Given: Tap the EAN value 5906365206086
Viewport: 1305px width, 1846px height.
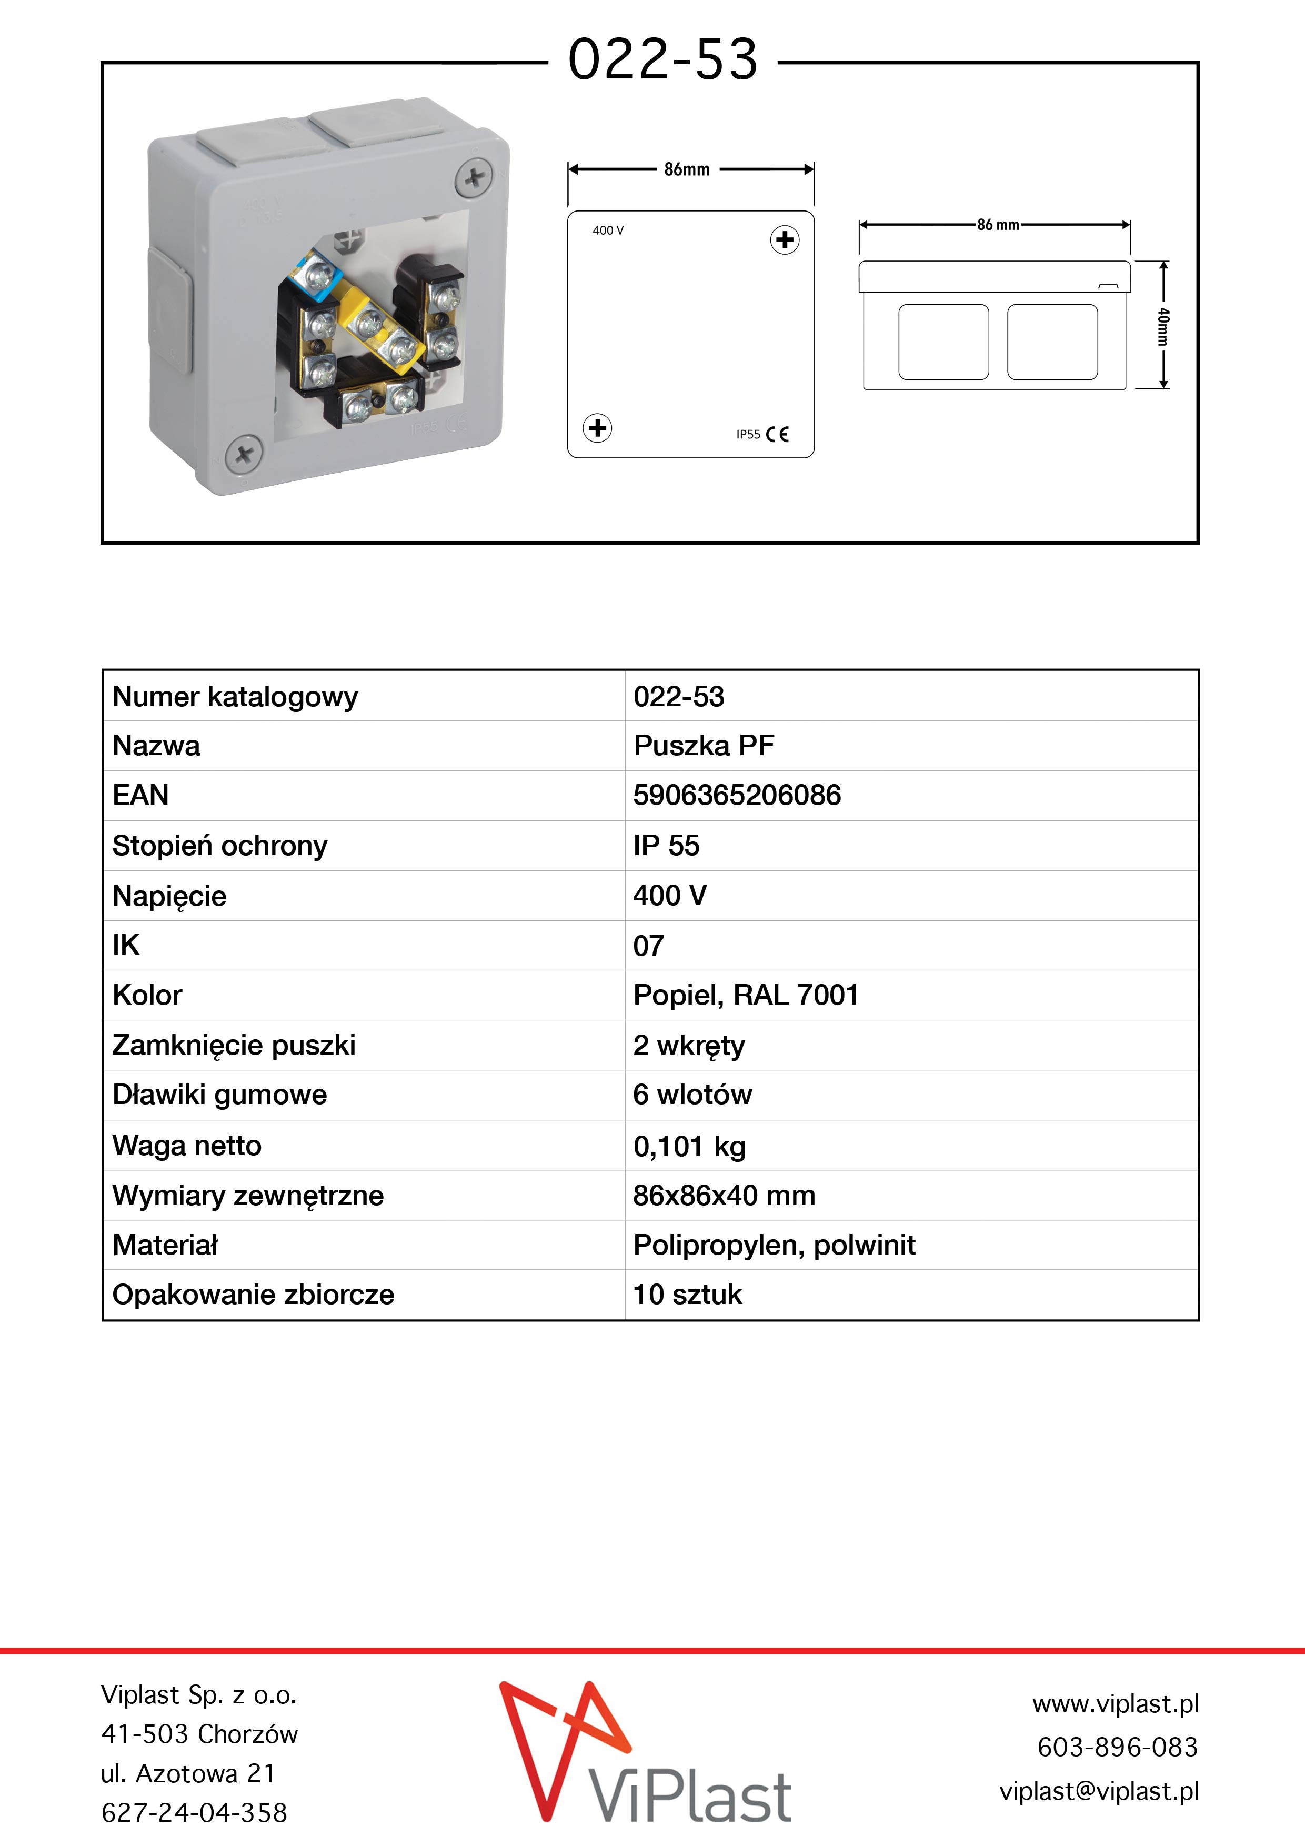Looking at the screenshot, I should pyautogui.click(x=737, y=795).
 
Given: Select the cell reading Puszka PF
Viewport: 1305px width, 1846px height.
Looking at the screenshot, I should pyautogui.click(x=704, y=745).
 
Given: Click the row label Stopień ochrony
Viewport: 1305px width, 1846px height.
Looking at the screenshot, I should pyautogui.click(x=219, y=845).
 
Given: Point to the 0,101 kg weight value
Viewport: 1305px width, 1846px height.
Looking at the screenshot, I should pyautogui.click(x=689, y=1146).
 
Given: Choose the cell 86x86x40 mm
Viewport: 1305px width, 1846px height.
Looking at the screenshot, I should pyautogui.click(x=724, y=1196).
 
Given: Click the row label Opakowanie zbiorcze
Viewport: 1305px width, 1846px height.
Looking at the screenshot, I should pyautogui.click(x=253, y=1295).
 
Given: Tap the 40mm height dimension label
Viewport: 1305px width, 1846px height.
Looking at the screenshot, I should pyautogui.click(x=1163, y=326).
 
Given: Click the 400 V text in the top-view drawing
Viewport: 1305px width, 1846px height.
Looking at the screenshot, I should pyautogui.click(x=608, y=230).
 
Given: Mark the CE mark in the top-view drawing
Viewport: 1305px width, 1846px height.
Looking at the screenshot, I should pyautogui.click(x=778, y=434).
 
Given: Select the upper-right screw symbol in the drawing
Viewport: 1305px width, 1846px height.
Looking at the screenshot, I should pyautogui.click(x=785, y=239).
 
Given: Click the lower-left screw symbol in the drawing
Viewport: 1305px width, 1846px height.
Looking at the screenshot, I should pyautogui.click(x=597, y=428).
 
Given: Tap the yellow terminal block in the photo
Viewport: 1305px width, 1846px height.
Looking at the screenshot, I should pyautogui.click(x=378, y=329).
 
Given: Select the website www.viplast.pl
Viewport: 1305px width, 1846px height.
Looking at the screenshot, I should pyautogui.click(x=1115, y=1703).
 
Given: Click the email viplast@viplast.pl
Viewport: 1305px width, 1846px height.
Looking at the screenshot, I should pyautogui.click(x=1098, y=1791).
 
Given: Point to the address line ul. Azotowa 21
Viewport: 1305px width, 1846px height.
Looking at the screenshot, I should pyautogui.click(x=188, y=1773).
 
